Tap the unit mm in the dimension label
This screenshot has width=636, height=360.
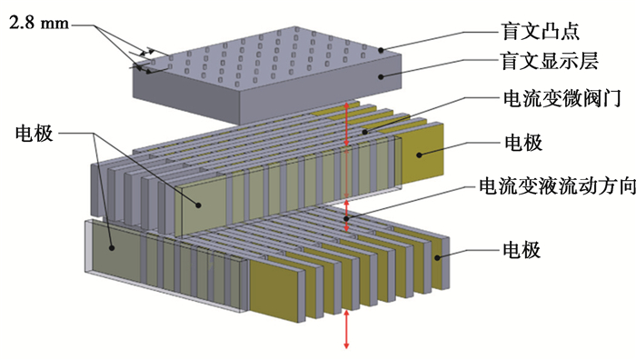tap(55, 24)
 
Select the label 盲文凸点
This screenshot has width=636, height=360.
tap(542, 31)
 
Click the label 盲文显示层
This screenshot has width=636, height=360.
tap(550, 61)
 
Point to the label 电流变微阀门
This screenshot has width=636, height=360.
tap(562, 98)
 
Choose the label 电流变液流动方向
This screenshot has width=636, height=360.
tap(557, 186)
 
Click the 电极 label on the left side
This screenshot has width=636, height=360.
tap(35, 133)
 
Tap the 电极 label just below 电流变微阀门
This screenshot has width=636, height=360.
tap(523, 143)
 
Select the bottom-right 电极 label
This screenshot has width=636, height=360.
tap(522, 250)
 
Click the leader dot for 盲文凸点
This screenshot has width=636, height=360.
tap(381, 50)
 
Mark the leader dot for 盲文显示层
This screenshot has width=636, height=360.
tap(381, 76)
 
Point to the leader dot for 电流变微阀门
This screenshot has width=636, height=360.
tap(364, 132)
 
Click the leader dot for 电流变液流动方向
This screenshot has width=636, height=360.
tap(346, 219)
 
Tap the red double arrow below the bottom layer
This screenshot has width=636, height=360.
tap(346, 330)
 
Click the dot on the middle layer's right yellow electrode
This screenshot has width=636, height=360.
tap(419, 155)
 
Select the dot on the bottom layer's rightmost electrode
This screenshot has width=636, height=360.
tap(437, 257)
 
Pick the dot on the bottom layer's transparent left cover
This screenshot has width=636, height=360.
tap(112, 247)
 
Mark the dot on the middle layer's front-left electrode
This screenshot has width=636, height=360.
tap(198, 205)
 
